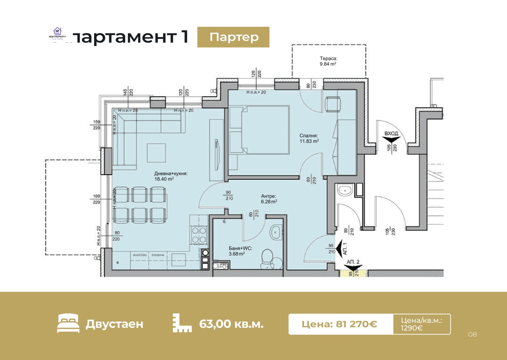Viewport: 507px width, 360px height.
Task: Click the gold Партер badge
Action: click(x=233, y=37)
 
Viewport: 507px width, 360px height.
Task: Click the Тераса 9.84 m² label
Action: click(x=328, y=61)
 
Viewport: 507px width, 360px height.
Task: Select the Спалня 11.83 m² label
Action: click(x=309, y=138)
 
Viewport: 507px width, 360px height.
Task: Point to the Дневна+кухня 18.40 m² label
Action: click(x=170, y=176)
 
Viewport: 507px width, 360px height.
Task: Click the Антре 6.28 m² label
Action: click(x=269, y=199)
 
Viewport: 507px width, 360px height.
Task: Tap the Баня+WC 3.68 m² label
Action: click(x=240, y=251)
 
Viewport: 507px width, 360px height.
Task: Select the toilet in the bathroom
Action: click(x=267, y=258)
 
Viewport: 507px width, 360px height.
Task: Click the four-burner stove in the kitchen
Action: click(x=199, y=235)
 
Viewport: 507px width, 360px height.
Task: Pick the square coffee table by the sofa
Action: click(x=156, y=153)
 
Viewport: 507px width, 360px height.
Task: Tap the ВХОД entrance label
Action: click(x=391, y=133)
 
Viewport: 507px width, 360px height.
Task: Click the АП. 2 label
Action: click(x=353, y=262)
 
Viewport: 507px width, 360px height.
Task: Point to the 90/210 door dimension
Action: click(x=229, y=196)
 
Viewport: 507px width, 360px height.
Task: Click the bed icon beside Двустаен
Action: click(x=68, y=323)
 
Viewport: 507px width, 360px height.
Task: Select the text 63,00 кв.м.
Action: click(x=231, y=324)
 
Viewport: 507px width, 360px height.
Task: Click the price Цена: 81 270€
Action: click(x=339, y=324)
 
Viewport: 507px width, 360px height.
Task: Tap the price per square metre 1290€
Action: click(x=412, y=328)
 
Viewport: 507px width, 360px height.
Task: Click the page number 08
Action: click(x=472, y=334)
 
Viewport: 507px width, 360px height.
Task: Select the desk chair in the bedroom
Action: click(x=333, y=104)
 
